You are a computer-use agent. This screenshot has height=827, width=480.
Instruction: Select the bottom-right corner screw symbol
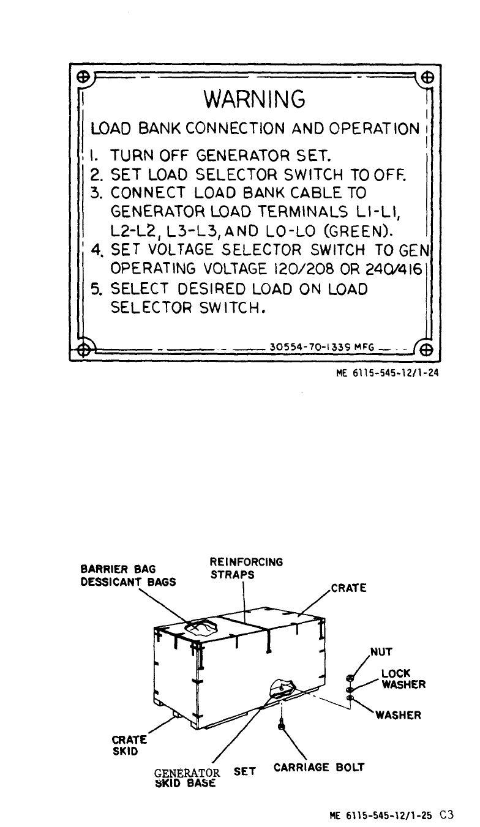pyautogui.click(x=426, y=351)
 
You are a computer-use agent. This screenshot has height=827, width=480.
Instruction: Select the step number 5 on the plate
pyautogui.click(x=96, y=288)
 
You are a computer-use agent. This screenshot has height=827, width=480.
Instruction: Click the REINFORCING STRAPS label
pyautogui.click(x=246, y=567)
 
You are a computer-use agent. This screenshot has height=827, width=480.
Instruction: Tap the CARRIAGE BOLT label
pyautogui.click(x=319, y=766)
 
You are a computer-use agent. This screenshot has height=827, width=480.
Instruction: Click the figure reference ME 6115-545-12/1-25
pyautogui.click(x=380, y=815)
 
